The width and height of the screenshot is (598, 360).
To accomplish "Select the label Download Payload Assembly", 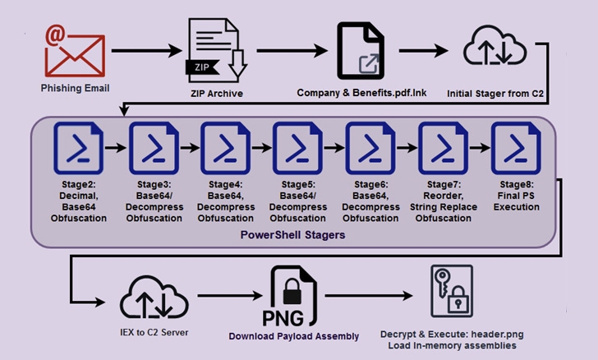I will tap(294, 335).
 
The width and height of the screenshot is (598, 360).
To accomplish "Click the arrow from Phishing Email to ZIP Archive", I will tap(144, 52).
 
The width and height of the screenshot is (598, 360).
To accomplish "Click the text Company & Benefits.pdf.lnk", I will tap(361, 93).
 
